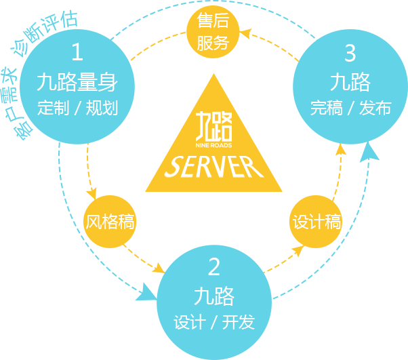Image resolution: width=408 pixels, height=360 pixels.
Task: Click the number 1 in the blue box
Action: click(77, 52)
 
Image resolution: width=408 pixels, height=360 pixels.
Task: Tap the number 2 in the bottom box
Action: click(214, 266)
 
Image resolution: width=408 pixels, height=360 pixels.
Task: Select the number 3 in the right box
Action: click(350, 52)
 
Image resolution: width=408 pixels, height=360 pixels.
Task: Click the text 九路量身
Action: click(77, 82)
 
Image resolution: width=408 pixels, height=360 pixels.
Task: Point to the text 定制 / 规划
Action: click(77, 108)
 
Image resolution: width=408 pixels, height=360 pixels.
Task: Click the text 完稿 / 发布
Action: click(350, 108)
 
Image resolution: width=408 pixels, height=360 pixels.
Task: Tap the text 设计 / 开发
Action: click(214, 321)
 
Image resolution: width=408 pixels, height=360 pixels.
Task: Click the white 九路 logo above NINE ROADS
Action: click(213, 125)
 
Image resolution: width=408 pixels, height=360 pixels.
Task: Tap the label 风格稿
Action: click(110, 222)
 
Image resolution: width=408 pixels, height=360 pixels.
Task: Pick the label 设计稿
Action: click(317, 222)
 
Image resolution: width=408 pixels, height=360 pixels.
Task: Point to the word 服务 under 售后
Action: click(213, 43)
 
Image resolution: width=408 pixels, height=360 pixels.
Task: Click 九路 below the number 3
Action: click(350, 82)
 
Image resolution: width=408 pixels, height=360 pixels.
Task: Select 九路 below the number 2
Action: click(214, 296)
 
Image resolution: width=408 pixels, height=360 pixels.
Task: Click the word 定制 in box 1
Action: click(50, 108)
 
